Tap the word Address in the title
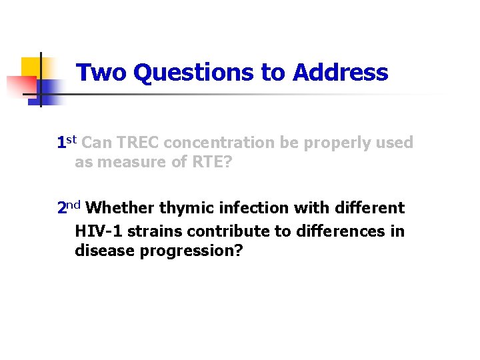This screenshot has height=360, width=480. point(340,72)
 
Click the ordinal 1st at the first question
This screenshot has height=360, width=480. point(67,142)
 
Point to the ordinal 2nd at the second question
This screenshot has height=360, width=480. point(69,208)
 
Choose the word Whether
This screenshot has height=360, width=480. point(120,208)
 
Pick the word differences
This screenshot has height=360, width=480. point(339,230)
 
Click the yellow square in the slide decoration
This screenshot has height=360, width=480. point(31,69)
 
